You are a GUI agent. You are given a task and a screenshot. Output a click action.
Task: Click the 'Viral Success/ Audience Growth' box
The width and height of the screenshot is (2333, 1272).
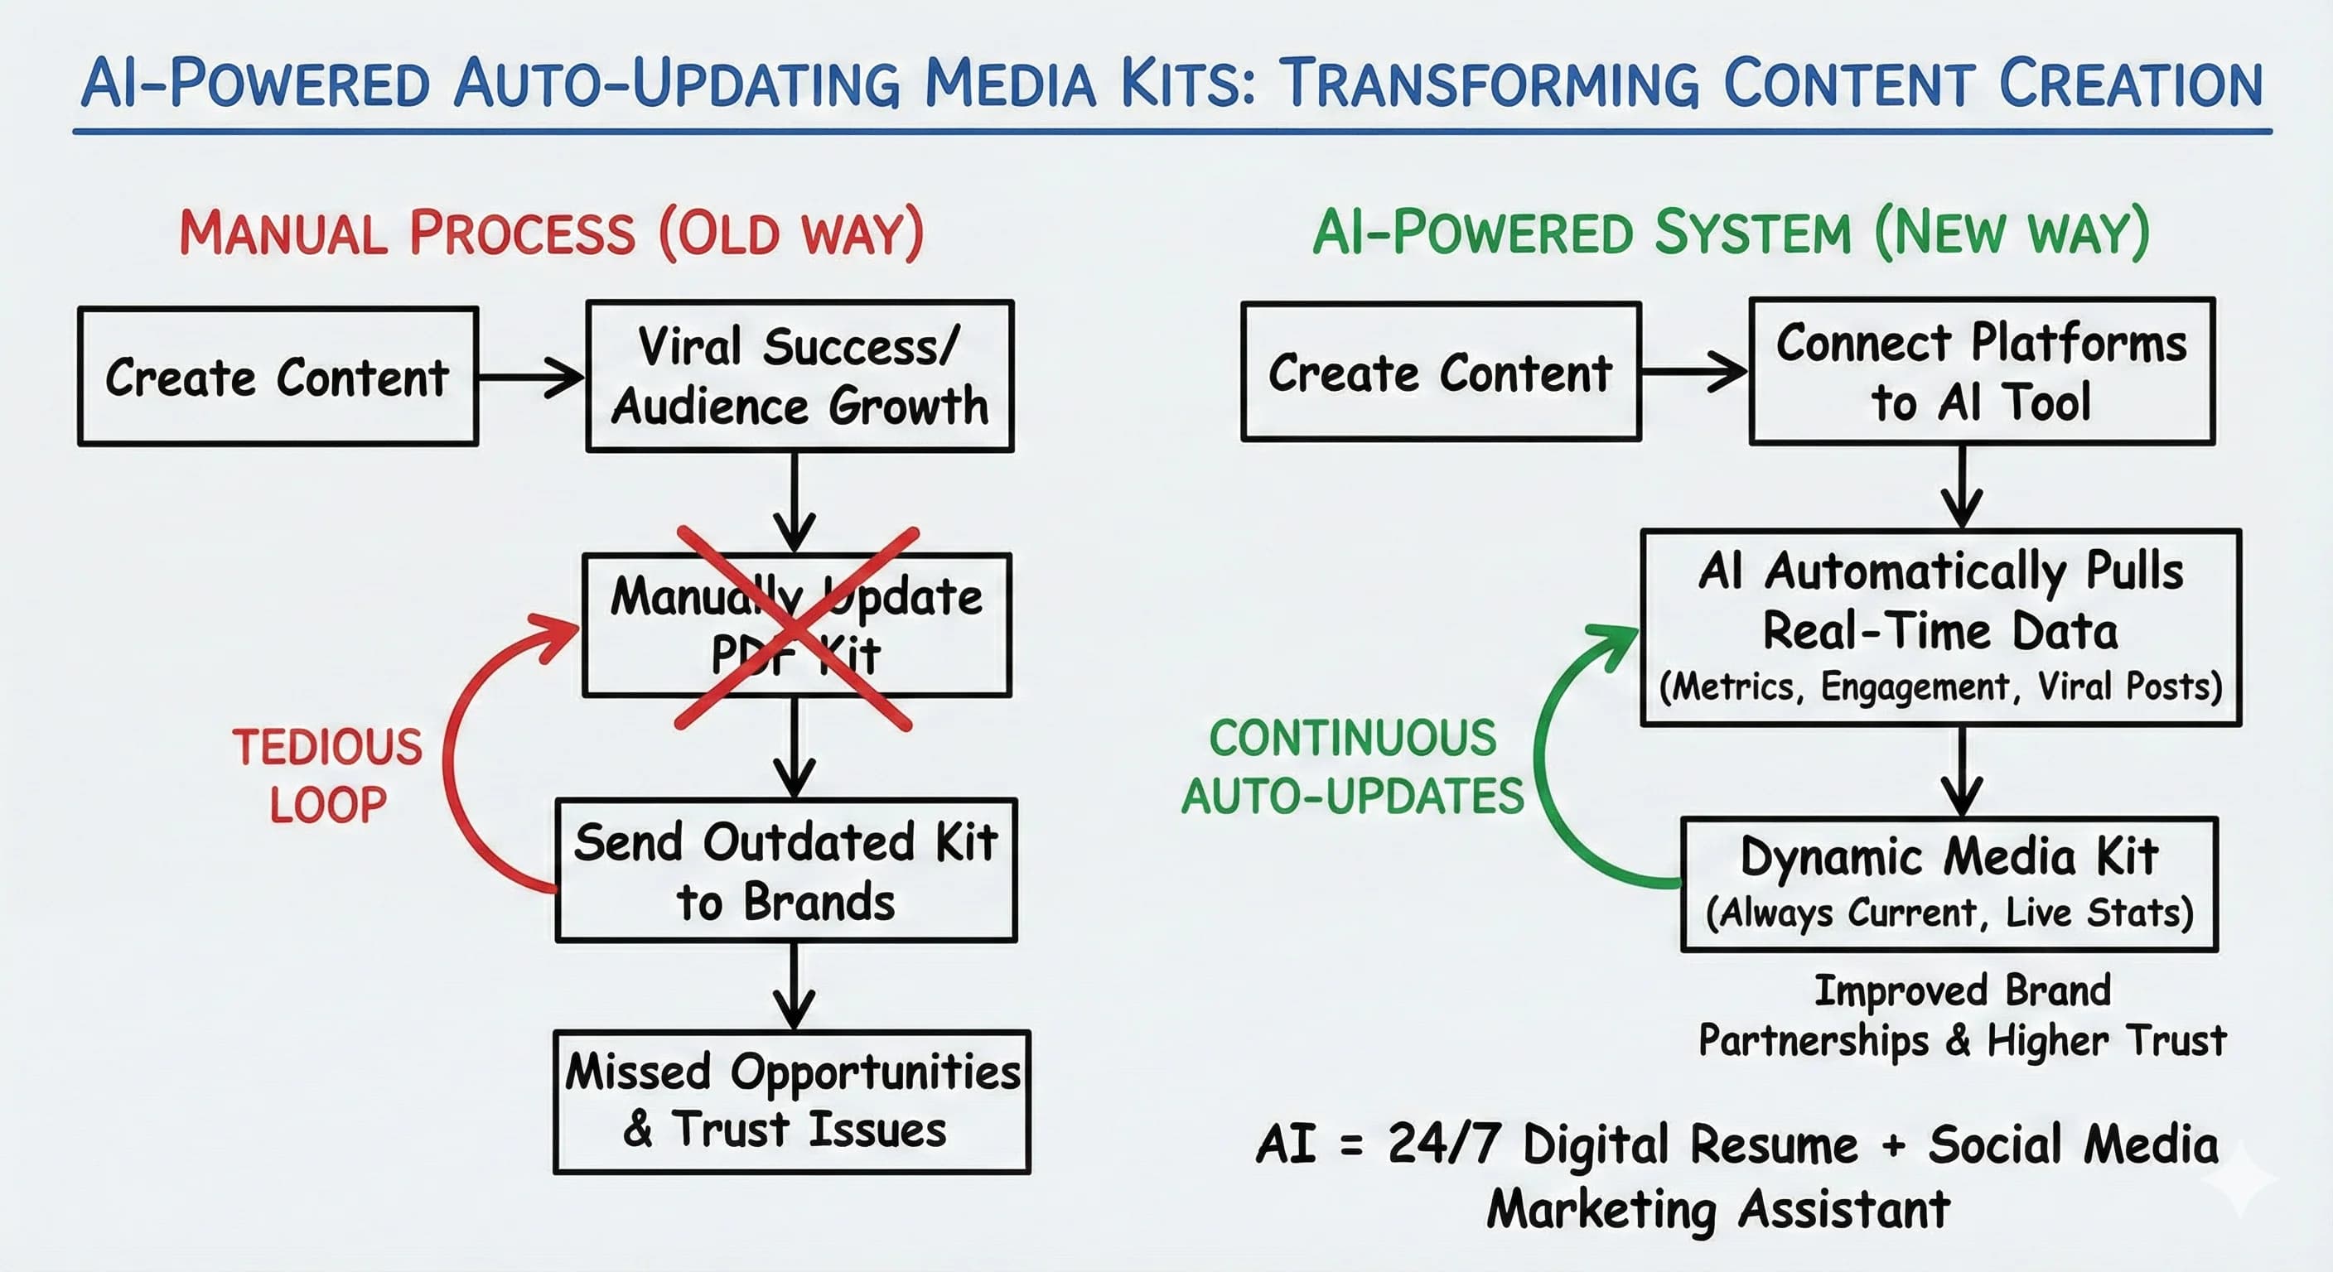[799, 376]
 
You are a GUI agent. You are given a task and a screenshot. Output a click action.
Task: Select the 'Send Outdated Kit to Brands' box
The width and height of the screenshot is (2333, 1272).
[786, 871]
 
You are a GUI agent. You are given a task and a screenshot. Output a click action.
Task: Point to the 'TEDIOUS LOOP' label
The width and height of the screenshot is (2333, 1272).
[328, 776]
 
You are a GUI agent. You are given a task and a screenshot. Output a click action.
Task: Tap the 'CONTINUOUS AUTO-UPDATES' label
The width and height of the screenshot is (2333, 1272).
[1353, 768]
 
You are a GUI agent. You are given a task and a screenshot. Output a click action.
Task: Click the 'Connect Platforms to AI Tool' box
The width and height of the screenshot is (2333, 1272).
[1982, 371]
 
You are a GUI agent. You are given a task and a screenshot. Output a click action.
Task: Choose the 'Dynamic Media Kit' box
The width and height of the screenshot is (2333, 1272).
[1949, 884]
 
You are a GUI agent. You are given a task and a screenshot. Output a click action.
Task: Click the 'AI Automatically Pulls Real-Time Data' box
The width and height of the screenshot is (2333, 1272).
[1941, 628]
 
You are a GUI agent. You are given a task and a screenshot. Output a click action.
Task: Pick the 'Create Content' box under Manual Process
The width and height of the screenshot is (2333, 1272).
[278, 377]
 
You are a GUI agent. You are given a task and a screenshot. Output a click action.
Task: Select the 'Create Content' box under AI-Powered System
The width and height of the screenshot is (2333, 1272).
[1440, 372]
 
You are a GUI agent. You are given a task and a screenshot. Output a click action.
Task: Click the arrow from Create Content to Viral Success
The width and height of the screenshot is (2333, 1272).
[532, 377]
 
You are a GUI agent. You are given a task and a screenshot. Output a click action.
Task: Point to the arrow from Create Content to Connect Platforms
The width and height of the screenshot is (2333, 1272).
[1694, 371]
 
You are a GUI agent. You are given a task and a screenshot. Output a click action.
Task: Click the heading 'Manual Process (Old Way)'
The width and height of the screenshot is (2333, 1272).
[552, 234]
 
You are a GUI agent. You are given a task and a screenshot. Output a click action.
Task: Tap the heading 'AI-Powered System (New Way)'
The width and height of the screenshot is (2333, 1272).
[1731, 234]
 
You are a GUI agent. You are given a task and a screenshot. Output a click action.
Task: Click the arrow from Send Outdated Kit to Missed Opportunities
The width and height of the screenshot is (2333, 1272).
[795, 987]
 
